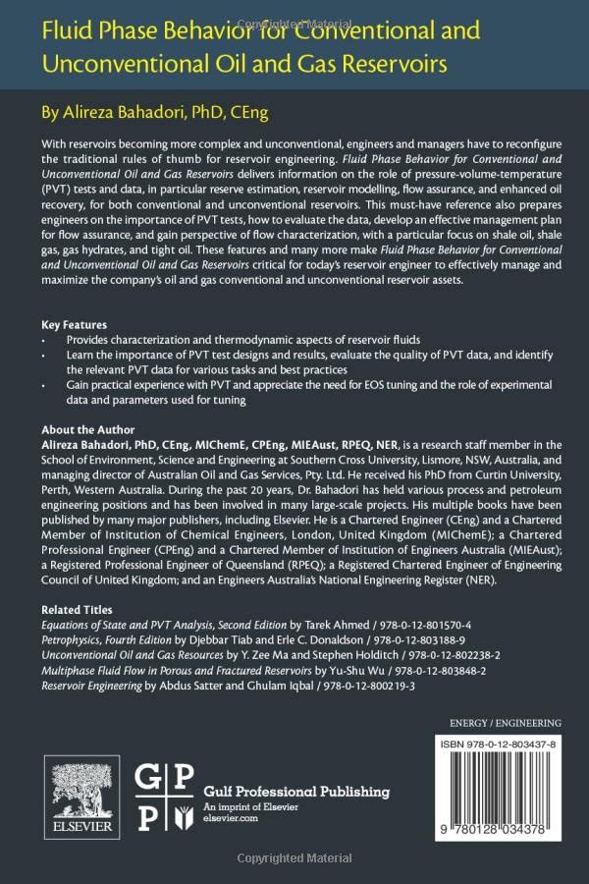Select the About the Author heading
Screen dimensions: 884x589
tap(88, 430)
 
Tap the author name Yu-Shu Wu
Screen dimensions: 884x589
tap(346, 670)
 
